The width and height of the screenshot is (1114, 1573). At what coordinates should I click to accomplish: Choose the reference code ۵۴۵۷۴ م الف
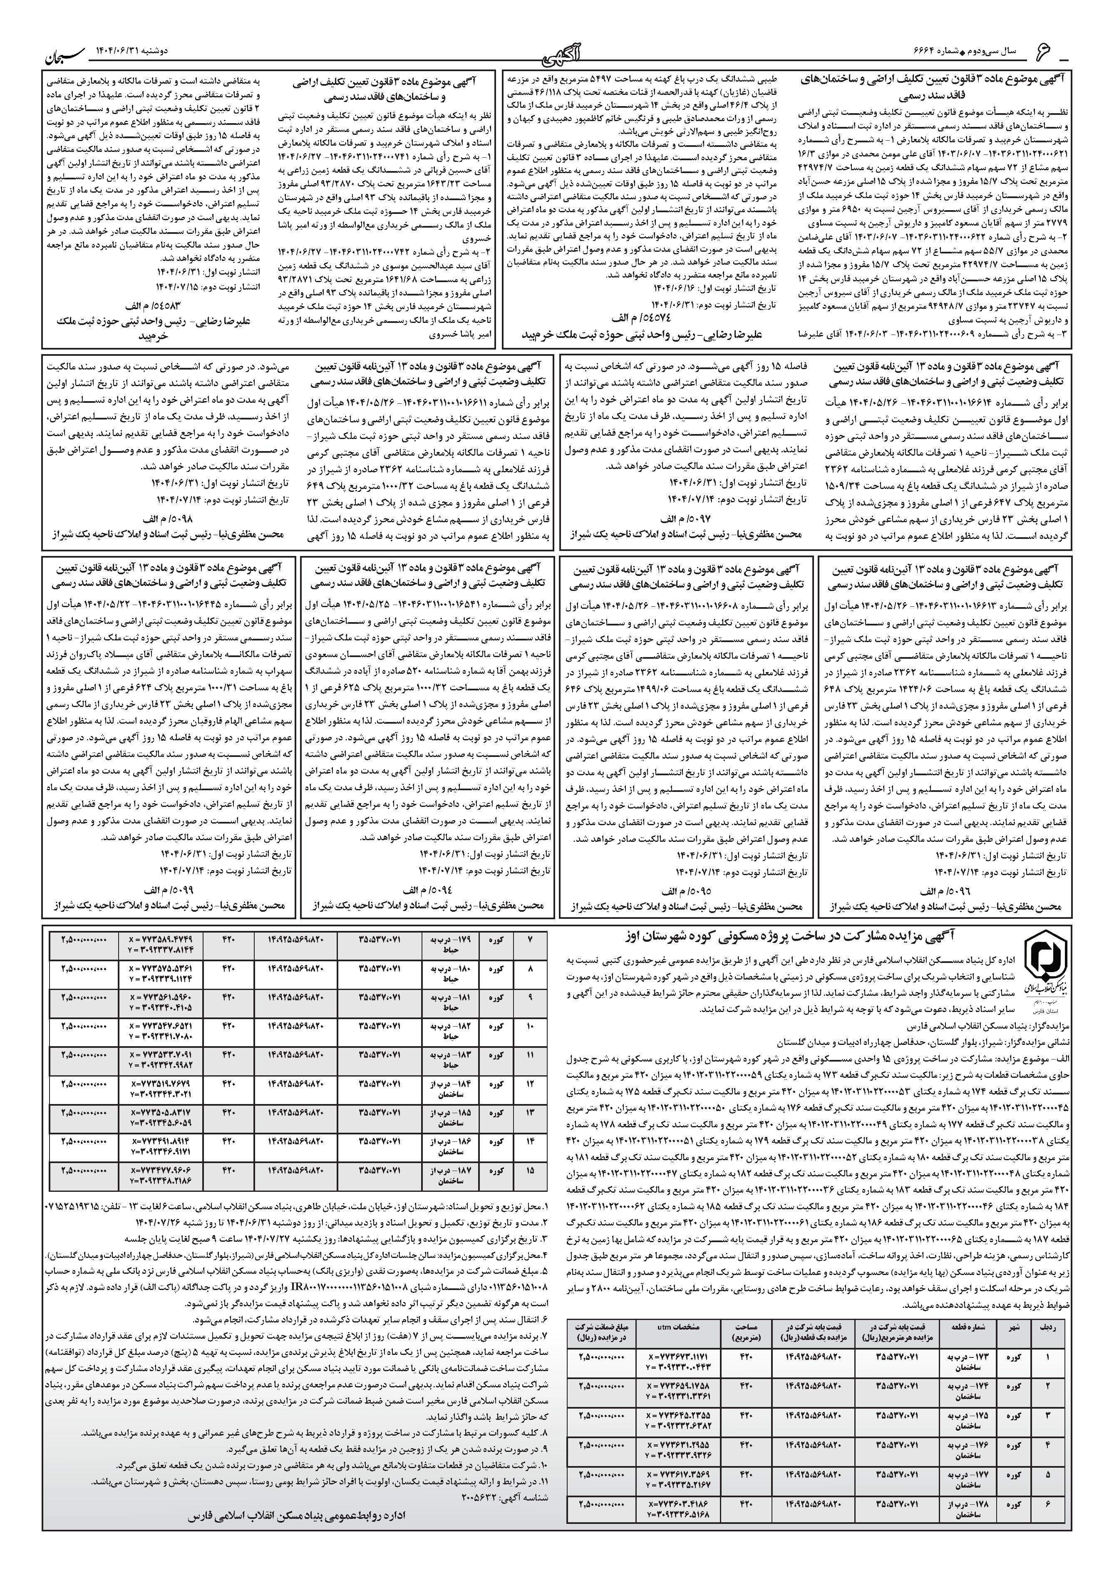(x=639, y=318)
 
